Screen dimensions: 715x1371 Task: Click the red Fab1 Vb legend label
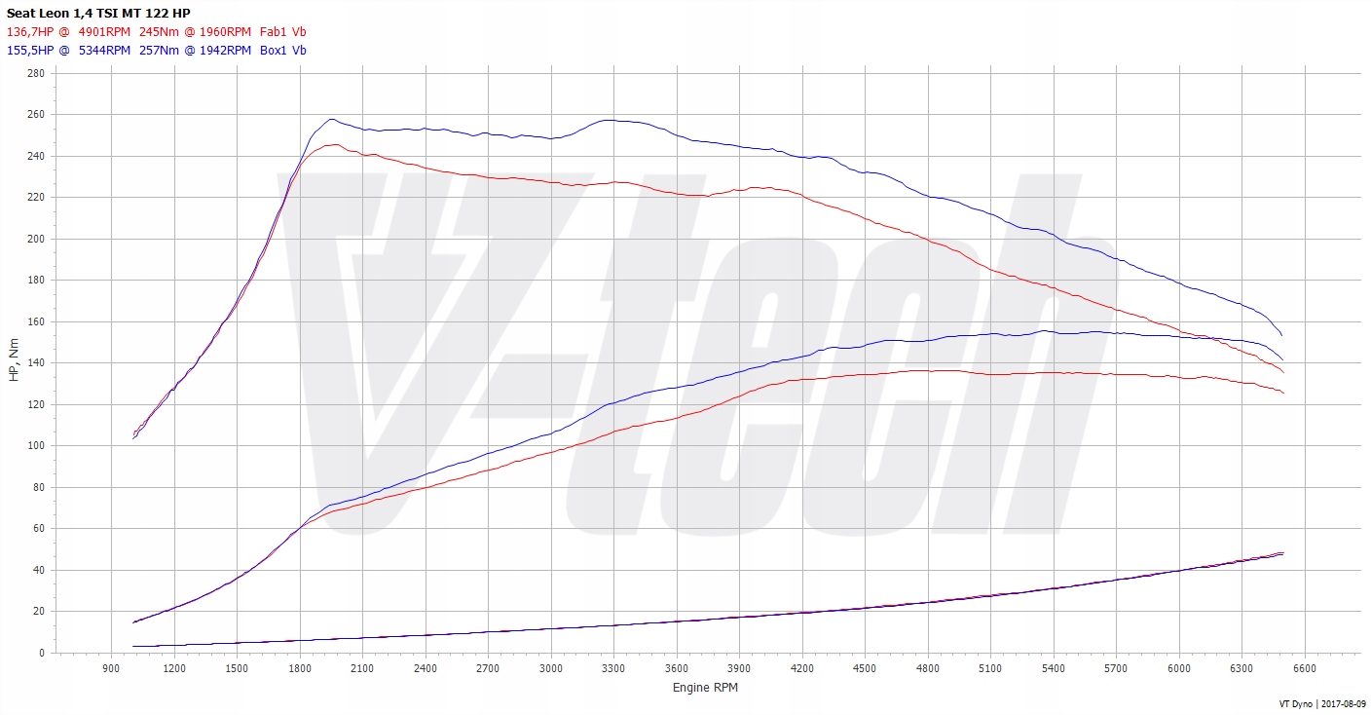coord(284,31)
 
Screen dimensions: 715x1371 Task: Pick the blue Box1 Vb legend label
coord(283,50)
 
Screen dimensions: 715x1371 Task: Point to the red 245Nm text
coord(159,31)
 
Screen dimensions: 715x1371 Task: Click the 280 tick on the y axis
coord(36,73)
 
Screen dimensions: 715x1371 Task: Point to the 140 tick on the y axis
coord(36,362)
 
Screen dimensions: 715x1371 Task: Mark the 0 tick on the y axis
coord(42,653)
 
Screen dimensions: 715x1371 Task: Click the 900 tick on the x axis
coord(111,668)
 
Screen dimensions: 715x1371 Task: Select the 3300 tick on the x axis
coord(613,668)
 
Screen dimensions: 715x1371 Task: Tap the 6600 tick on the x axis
coord(1304,668)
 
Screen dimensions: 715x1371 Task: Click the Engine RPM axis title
coord(705,688)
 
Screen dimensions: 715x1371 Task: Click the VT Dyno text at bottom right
coord(1296,703)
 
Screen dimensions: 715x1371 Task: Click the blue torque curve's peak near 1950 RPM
coord(331,120)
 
